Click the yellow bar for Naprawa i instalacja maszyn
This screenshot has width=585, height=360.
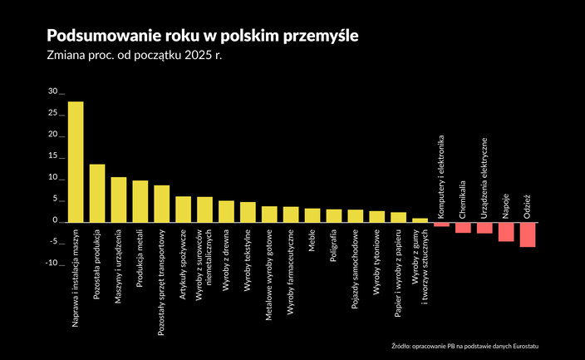pos(76,162)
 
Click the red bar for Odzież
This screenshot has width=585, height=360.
pos(528,234)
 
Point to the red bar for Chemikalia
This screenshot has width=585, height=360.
pos(463,227)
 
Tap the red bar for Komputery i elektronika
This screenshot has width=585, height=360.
pos(441,224)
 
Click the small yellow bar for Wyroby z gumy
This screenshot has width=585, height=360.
pos(420,220)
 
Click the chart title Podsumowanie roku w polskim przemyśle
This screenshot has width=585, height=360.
pos(204,37)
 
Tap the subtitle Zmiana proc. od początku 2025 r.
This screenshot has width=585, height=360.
pos(136,57)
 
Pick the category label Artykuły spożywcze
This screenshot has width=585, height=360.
pos(184,259)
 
